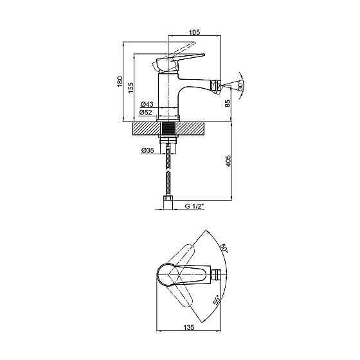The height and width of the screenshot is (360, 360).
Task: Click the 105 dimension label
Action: click(194, 32)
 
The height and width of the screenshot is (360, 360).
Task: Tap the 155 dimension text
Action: click(130, 87)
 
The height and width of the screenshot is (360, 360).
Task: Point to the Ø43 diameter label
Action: click(147, 104)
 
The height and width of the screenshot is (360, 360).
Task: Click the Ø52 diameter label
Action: click(145, 113)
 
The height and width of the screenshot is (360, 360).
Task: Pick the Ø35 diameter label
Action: click(147, 150)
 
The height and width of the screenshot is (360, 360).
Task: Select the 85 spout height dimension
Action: click(228, 104)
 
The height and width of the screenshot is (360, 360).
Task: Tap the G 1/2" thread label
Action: click(194, 206)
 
